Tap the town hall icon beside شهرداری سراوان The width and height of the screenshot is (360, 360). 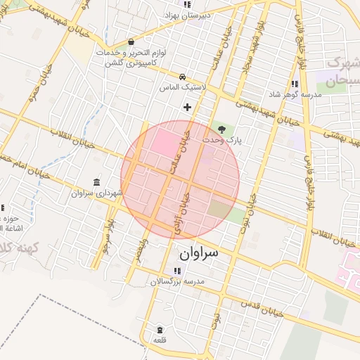click(x=96, y=182)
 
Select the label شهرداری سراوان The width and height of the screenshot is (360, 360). click(x=96, y=192)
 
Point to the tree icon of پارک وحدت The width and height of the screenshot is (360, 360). click(x=222, y=129)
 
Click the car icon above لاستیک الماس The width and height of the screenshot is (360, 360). click(x=182, y=77)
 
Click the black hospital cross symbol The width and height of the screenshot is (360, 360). click(x=187, y=107)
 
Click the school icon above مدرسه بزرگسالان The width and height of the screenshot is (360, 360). click(x=176, y=271)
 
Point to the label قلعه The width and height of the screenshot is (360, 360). click(x=160, y=340)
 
